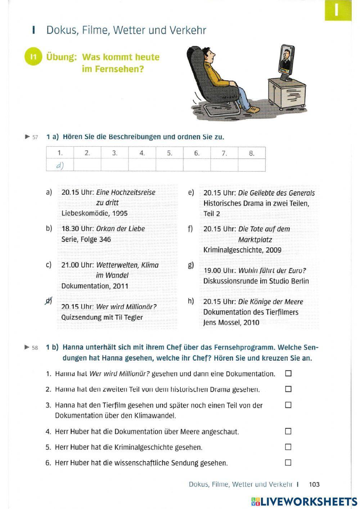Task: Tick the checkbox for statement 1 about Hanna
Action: click(x=288, y=374)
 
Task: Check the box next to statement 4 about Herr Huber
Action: click(x=288, y=431)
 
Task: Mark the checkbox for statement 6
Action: click(x=288, y=463)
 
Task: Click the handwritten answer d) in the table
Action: click(x=60, y=165)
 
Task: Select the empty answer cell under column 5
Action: click(x=170, y=165)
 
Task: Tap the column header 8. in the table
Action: click(x=252, y=153)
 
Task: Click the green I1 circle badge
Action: click(x=33, y=57)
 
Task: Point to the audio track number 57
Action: click(x=35, y=137)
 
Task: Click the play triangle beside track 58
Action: click(x=27, y=348)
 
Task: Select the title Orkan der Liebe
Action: click(x=120, y=229)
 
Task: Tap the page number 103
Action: click(x=314, y=485)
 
